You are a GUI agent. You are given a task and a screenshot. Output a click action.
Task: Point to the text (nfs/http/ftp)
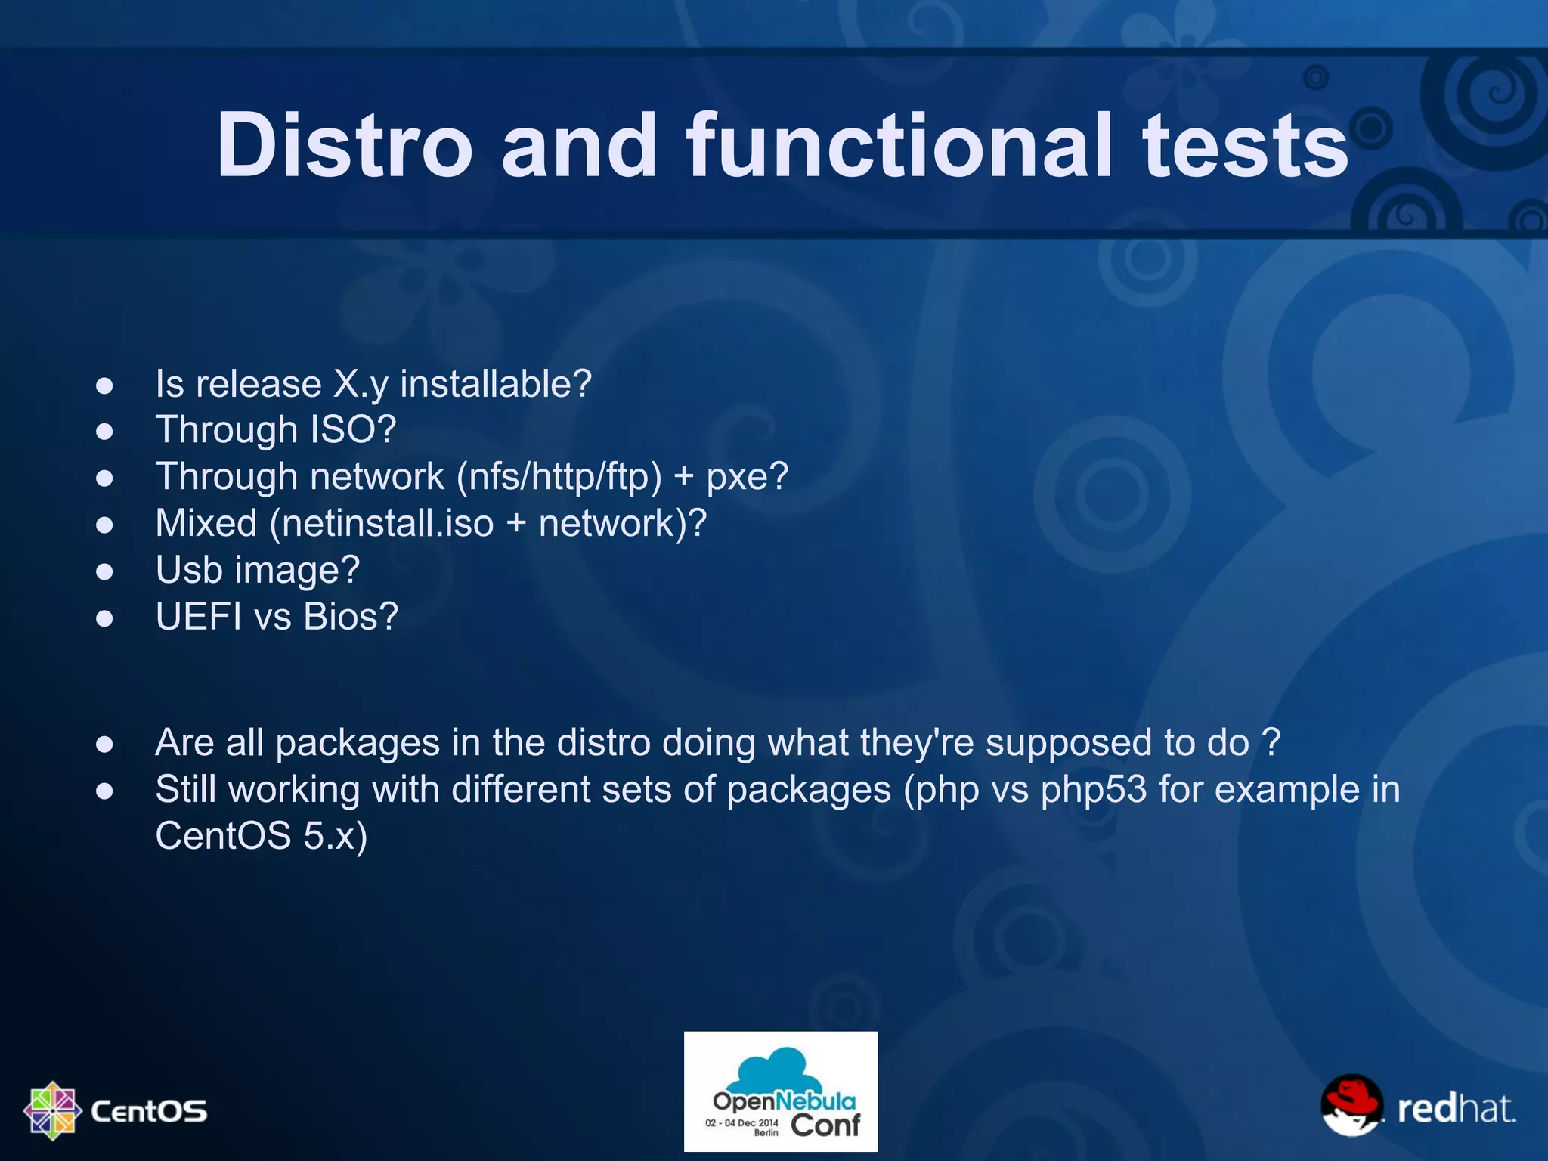(x=559, y=476)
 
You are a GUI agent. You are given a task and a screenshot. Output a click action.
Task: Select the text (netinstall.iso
(x=382, y=523)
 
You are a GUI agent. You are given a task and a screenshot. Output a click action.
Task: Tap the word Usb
(x=189, y=569)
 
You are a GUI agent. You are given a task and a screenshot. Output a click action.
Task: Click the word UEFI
(x=198, y=616)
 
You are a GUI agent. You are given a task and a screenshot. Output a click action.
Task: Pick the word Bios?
(x=351, y=616)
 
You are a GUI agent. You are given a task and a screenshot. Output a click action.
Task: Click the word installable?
(x=496, y=383)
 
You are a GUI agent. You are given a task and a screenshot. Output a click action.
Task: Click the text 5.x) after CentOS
(x=335, y=836)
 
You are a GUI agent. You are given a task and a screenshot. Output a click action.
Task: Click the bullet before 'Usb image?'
(x=104, y=571)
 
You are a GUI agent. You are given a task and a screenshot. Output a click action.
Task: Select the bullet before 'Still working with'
(x=104, y=791)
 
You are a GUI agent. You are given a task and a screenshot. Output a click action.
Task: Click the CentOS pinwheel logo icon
(x=52, y=1110)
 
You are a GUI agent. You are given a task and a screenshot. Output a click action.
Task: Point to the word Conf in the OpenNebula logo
(x=825, y=1125)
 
